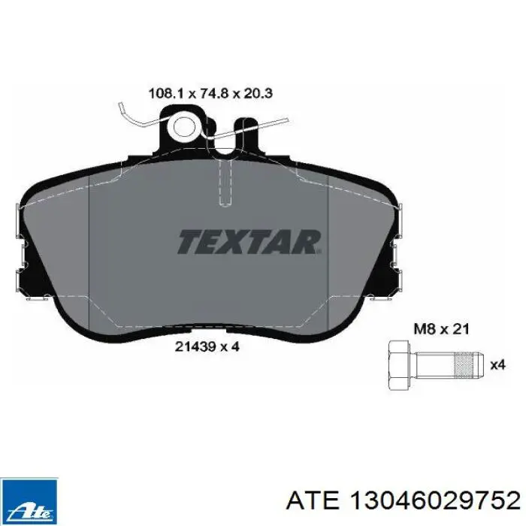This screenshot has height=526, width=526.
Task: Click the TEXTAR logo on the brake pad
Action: pyautogui.click(x=249, y=242)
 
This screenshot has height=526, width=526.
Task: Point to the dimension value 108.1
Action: pyautogui.click(x=166, y=93)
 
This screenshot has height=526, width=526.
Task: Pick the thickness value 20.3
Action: pyautogui.click(x=258, y=93)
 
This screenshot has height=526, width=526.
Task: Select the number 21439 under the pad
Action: pyautogui.click(x=195, y=346)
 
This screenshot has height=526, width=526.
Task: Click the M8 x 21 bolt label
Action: pyautogui.click(x=441, y=329)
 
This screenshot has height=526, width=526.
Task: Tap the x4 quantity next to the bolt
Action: pyautogui.click(x=497, y=364)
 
